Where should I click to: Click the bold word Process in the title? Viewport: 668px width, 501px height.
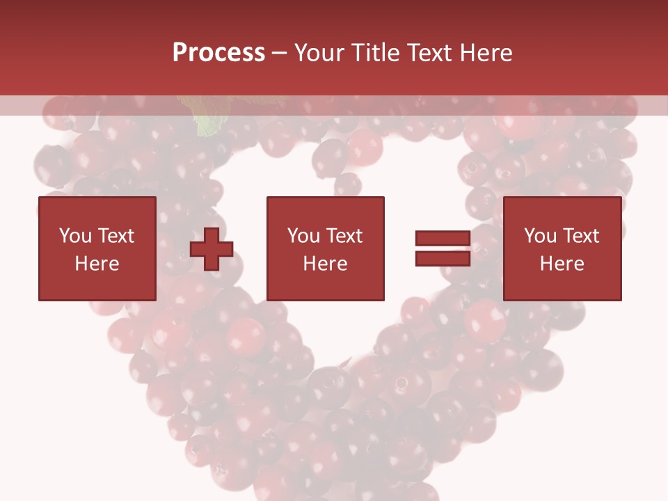click(218, 53)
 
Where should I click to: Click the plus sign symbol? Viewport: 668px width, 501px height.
click(212, 248)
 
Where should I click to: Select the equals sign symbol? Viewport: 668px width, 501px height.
click(443, 248)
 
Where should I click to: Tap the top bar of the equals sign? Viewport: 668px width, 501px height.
click(443, 239)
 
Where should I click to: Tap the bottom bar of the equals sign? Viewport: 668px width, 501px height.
click(443, 258)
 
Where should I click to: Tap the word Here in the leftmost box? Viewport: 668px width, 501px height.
click(97, 264)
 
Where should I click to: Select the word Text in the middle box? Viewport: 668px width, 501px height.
click(344, 236)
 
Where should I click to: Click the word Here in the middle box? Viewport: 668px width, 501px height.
click(326, 264)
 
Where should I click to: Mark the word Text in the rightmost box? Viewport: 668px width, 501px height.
click(581, 236)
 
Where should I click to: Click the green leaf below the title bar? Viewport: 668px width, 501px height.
click(207, 124)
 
